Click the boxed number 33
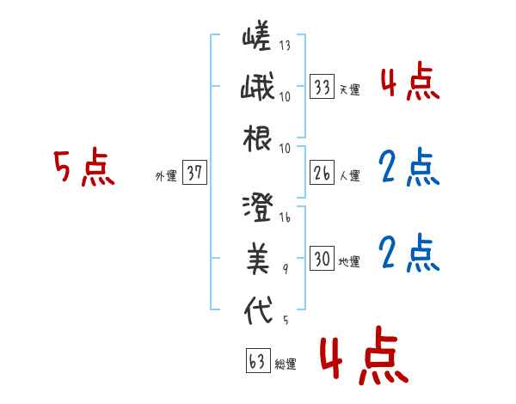pyautogui.click(x=322, y=87)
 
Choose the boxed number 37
pyautogui.click(x=193, y=173)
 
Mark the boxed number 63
pyautogui.click(x=257, y=361)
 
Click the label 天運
pyautogui.click(x=349, y=89)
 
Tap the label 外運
pyautogui.click(x=165, y=175)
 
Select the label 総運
pyautogui.click(x=285, y=364)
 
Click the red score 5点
pyautogui.click(x=83, y=168)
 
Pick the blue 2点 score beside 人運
pyautogui.click(x=408, y=168)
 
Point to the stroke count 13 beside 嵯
pyautogui.click(x=285, y=46)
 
